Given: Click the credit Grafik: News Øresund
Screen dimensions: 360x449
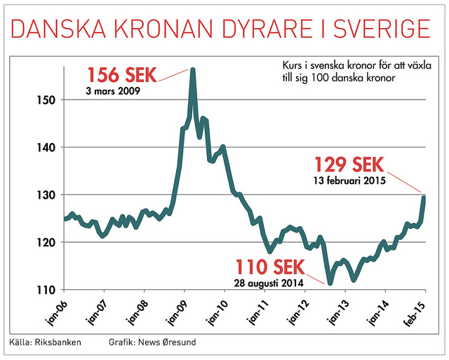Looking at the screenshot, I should [x=152, y=343].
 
